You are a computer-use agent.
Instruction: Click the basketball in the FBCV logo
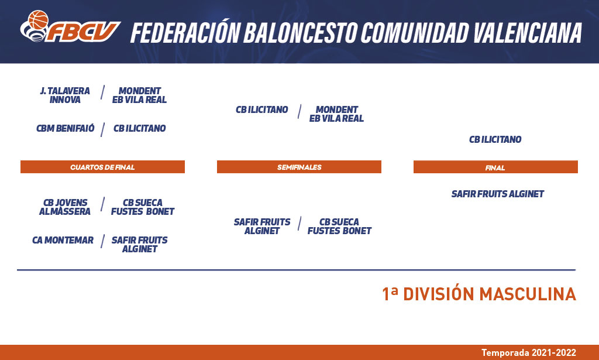[x=38, y=20]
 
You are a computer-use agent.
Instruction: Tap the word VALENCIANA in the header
[x=528, y=32]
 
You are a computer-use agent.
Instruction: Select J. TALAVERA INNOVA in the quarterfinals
[x=65, y=95]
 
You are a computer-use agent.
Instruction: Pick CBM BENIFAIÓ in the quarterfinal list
[x=66, y=128]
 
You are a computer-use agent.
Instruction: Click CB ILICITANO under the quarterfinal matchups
[x=139, y=128]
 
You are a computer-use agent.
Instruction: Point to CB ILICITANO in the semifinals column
[x=261, y=109]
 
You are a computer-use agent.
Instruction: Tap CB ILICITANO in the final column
[x=495, y=139]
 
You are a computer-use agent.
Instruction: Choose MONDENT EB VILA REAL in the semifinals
[x=336, y=114]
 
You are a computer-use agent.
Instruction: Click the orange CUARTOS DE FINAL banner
[x=102, y=167]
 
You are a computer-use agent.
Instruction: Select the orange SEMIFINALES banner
[x=299, y=167]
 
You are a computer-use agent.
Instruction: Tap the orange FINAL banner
[x=495, y=167]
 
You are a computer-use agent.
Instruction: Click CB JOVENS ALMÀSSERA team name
[x=65, y=207]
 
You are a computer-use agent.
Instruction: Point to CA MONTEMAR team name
[x=63, y=241]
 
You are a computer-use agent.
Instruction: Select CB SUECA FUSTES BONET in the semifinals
[x=339, y=226]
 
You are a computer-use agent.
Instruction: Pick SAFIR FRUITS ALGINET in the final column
[x=497, y=194]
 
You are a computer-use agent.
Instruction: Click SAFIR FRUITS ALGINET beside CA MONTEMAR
[x=139, y=244]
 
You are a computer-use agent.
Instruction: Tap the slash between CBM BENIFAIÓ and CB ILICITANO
[x=103, y=129]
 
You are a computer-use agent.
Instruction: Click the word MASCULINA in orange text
[x=528, y=294]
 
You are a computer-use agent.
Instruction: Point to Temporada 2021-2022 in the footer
[x=529, y=353]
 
